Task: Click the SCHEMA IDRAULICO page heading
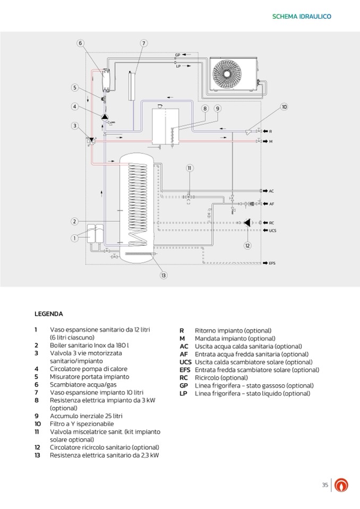pyautogui.click(x=301, y=16)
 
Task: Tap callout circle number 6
pyautogui.click(x=80, y=44)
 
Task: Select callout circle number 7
pyautogui.click(x=143, y=44)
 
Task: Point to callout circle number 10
pyautogui.click(x=284, y=107)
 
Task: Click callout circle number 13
pyautogui.click(x=164, y=275)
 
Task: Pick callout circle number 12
pyautogui.click(x=247, y=245)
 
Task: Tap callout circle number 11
pyautogui.click(x=190, y=168)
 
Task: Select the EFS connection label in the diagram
pyautogui.click(x=272, y=263)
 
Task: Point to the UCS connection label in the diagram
pyautogui.click(x=272, y=230)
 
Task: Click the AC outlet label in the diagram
pyautogui.click(x=271, y=191)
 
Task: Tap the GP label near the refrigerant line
pyautogui.click(x=177, y=55)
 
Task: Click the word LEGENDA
pyautogui.click(x=49, y=314)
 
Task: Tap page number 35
pyautogui.click(x=325, y=485)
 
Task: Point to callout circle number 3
pyautogui.click(x=75, y=126)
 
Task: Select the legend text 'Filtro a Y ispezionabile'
pyautogui.click(x=82, y=424)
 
